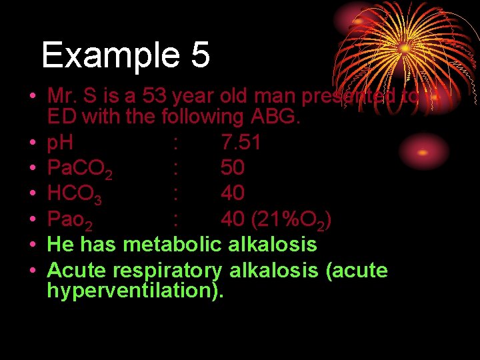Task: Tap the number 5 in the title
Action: coord(199,55)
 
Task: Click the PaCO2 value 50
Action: coord(233,167)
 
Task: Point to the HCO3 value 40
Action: coord(233,193)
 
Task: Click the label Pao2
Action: coord(74,219)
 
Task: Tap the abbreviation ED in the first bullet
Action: coord(60,117)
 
